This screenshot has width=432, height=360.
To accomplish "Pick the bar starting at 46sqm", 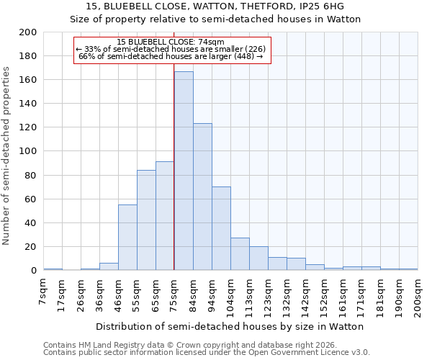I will (127, 238).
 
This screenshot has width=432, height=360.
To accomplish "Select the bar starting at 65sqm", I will (165, 216).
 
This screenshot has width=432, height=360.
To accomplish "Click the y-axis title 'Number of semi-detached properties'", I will (7, 156).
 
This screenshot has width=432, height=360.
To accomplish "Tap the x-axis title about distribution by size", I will (230, 326).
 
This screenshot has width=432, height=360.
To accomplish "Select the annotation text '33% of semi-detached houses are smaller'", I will (171, 49).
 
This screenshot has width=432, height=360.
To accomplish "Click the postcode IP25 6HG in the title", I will (321, 6).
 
